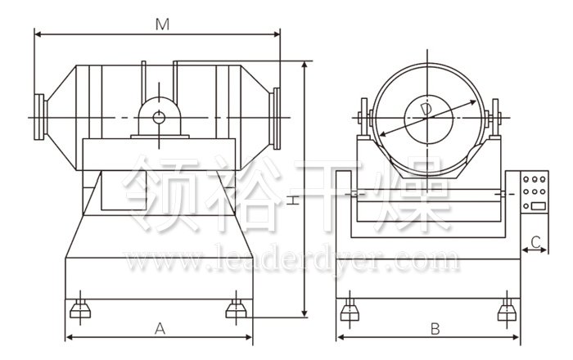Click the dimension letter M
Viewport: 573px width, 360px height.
[162, 25]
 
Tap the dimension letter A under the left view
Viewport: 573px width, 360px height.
[160, 329]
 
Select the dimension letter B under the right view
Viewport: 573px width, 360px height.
[435, 329]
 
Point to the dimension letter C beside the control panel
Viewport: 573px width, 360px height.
[535, 242]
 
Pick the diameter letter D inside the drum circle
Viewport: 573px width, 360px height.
[426, 110]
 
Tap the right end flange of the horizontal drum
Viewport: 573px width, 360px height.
[277, 119]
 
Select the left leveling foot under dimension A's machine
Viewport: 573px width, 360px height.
[80, 309]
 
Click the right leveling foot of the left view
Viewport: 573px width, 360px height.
[236, 309]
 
